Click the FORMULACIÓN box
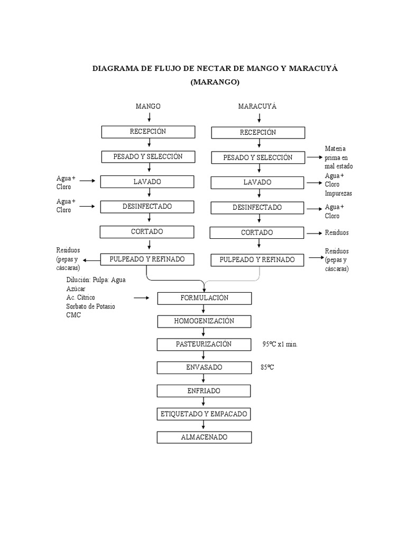[x=204, y=299]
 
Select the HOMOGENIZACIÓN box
[x=204, y=321]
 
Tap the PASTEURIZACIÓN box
[x=204, y=344]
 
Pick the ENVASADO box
[x=204, y=368]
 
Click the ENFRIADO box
[x=204, y=391]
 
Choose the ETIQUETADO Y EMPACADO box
[x=204, y=414]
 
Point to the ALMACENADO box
[x=204, y=437]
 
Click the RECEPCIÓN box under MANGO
[x=148, y=132]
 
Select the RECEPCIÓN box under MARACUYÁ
[x=258, y=133]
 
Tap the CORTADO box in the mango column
[x=147, y=232]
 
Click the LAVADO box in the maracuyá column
[x=257, y=183]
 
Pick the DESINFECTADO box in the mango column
[x=147, y=207]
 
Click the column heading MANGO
[x=148, y=106]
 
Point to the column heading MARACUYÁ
[x=257, y=106]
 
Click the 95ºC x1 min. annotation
[x=280, y=344]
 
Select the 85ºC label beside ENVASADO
[x=267, y=367]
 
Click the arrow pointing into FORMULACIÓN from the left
[x=141, y=299]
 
